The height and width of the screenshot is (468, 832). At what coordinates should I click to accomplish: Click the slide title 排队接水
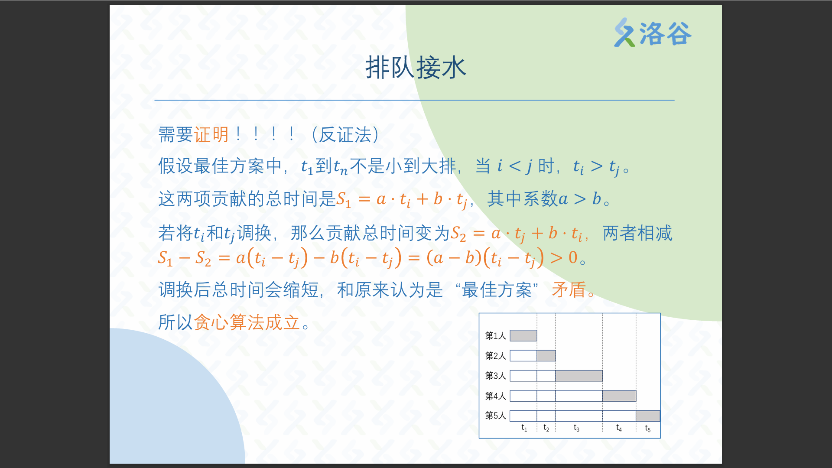416,68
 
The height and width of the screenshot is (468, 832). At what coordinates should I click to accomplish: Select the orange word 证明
211,135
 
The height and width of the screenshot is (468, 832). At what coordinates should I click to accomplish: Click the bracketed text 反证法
345,135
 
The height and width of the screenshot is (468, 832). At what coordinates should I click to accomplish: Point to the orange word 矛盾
569,289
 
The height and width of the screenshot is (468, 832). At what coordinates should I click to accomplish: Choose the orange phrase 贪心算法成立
247,322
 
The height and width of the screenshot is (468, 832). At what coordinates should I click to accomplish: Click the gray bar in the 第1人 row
523,335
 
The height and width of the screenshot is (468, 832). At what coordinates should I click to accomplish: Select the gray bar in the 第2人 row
546,356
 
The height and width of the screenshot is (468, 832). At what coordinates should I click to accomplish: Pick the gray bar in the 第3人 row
579,376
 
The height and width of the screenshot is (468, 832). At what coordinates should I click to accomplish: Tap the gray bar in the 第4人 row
619,396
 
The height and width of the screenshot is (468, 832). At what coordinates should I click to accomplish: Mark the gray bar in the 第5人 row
648,416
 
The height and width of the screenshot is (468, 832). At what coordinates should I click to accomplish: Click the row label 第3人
495,376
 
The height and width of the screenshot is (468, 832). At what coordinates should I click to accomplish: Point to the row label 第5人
495,416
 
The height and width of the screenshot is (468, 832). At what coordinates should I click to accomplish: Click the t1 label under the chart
524,428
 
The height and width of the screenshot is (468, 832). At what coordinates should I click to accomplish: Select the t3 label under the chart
576,428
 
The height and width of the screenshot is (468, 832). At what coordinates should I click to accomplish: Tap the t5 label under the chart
648,428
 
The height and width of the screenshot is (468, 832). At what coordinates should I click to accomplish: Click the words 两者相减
637,233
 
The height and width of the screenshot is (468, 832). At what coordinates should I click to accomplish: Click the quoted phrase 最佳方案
497,289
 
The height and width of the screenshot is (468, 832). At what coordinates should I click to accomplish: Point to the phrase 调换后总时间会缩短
238,289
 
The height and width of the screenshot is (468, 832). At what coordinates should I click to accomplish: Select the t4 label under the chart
619,428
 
